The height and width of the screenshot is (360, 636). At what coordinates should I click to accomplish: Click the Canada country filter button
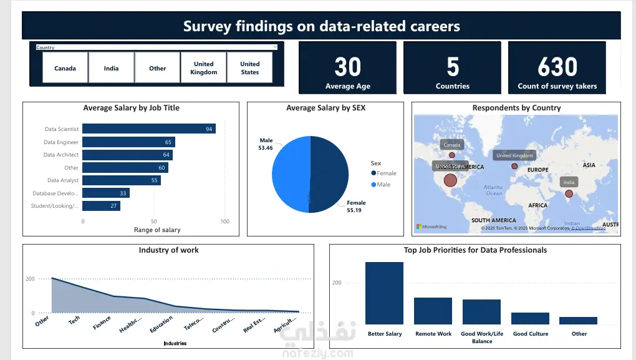pos(65,68)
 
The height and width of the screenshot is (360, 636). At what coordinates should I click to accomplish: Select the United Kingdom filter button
pos(204,68)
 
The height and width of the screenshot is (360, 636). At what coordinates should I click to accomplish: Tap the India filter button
pos(112,68)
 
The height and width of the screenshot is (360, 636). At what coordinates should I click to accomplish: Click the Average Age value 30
pos(348,67)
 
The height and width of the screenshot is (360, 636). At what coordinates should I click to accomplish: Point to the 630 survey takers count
pos(557,67)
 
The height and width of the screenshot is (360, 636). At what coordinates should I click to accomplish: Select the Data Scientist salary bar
pos(149,129)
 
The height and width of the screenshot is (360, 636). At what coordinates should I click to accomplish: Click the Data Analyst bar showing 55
pos(122,180)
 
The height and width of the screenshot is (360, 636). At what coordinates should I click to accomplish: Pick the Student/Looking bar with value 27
pos(101,206)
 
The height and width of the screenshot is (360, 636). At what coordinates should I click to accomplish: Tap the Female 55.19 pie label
pos(356,207)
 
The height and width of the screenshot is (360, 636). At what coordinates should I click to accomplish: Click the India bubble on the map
pos(569,194)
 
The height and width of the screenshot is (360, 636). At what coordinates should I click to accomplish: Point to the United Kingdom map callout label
pos(514,155)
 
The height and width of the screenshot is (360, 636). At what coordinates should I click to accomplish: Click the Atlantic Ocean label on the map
pos(494,190)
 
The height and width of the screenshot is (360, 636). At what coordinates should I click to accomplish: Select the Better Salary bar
pos(384,293)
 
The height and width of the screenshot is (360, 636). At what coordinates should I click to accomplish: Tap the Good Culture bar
pos(530,318)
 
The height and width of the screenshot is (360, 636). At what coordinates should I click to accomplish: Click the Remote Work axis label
pos(433,334)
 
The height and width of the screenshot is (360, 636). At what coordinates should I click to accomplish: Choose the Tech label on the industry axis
pos(74,321)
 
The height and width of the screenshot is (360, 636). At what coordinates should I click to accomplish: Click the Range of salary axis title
pos(157,230)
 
